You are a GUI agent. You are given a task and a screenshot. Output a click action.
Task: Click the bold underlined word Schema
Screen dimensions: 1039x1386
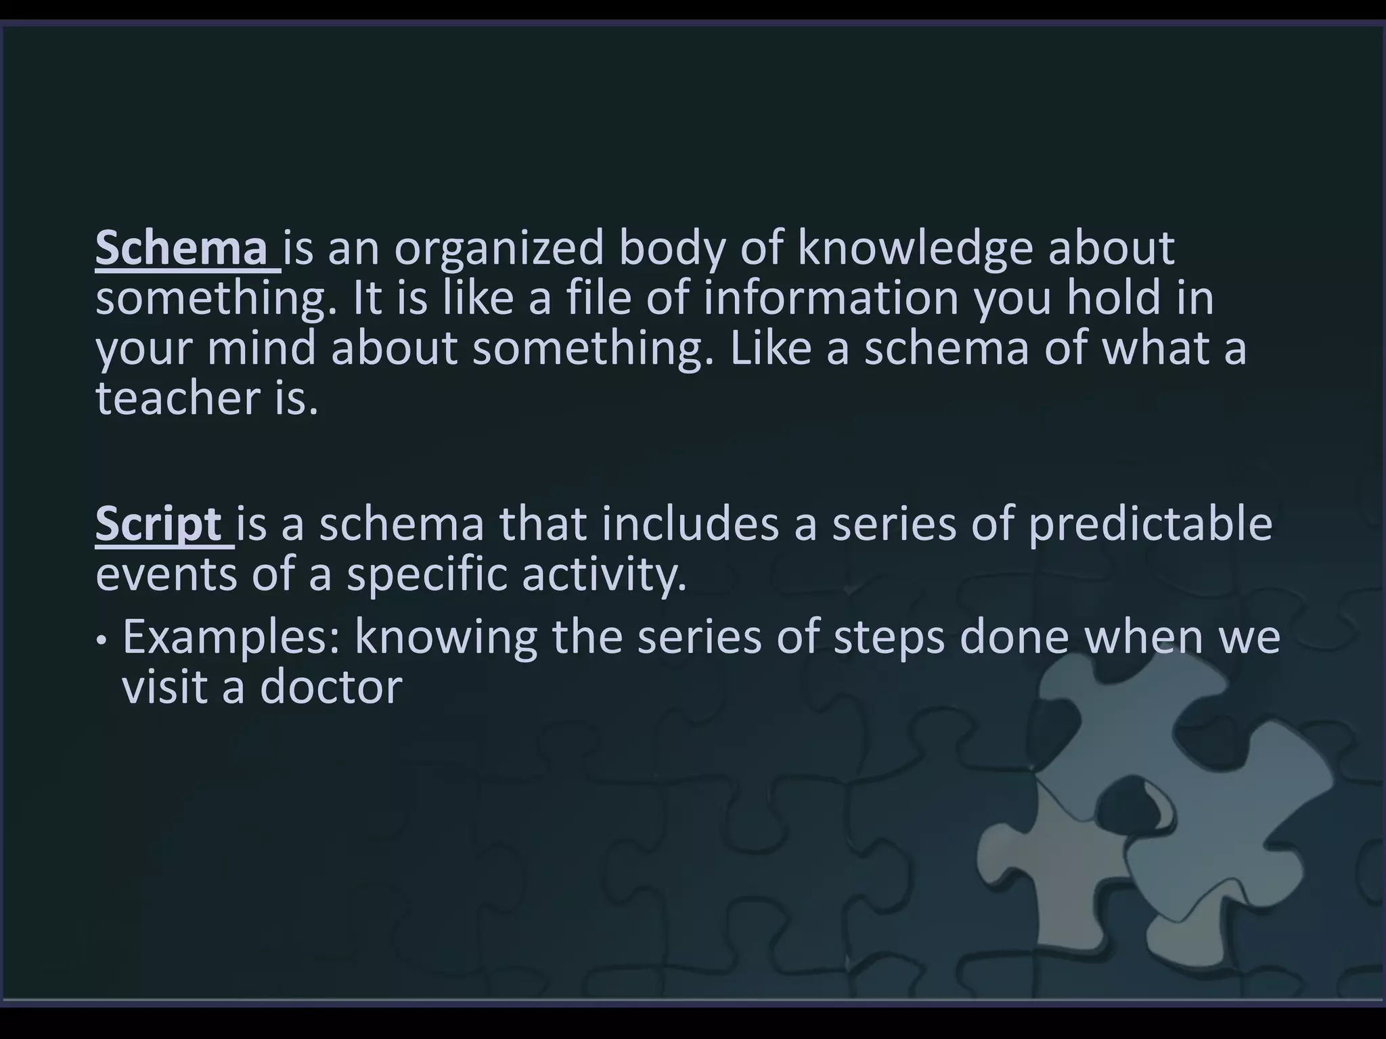[x=181, y=249]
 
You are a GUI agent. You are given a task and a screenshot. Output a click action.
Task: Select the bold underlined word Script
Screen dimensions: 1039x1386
[x=158, y=524]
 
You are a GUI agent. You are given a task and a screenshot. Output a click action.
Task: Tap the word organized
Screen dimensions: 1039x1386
[x=499, y=249]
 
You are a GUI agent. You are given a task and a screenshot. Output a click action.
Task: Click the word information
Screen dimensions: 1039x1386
[x=831, y=298]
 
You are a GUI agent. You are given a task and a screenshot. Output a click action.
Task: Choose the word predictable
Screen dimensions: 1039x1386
[x=1150, y=524]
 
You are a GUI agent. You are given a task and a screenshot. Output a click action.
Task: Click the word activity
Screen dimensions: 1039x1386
[x=604, y=574]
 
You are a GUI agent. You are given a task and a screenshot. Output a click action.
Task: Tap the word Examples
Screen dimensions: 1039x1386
[x=231, y=638]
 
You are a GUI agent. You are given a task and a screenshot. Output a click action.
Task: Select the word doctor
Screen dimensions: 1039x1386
[x=331, y=687]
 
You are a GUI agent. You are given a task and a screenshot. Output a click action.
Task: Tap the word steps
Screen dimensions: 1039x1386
[x=889, y=638]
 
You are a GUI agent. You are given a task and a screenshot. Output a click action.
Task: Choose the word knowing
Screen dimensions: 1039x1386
[x=446, y=638]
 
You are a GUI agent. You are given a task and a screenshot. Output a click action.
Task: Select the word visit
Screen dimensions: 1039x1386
[x=164, y=687]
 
